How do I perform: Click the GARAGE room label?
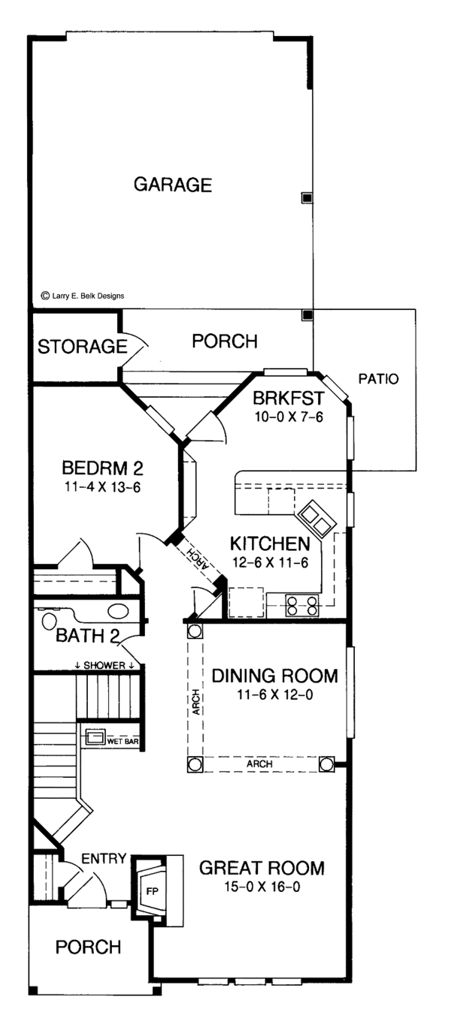click(173, 185)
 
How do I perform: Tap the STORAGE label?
click(83, 347)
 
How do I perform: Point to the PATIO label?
click(378, 378)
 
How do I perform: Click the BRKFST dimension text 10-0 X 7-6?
click(289, 417)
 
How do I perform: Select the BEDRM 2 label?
click(102, 468)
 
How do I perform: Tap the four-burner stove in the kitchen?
click(301, 605)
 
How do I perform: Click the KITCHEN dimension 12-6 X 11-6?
click(271, 562)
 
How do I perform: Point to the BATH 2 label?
click(87, 636)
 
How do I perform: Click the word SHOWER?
click(104, 665)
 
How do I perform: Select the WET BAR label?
click(123, 742)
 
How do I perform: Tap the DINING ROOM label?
click(274, 676)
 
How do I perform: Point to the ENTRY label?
click(104, 859)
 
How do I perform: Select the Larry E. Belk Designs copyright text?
click(83, 296)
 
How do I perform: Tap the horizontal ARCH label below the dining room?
click(259, 764)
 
